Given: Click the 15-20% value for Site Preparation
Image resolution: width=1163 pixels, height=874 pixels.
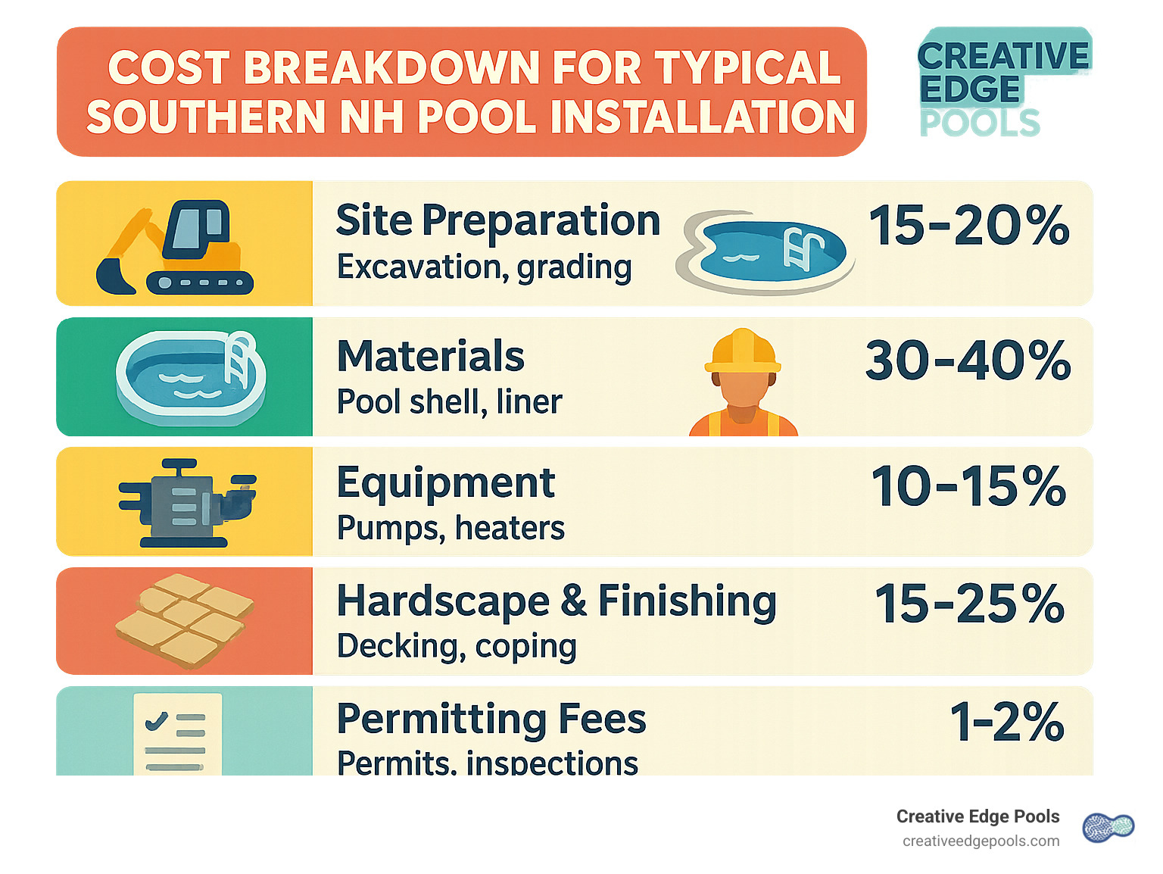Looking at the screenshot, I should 968,226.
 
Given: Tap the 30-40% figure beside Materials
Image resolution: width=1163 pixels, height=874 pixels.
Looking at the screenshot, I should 968,361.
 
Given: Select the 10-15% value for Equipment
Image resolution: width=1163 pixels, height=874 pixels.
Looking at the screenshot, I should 968,486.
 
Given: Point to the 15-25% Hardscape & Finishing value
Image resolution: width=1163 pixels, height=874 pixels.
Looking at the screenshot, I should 969,604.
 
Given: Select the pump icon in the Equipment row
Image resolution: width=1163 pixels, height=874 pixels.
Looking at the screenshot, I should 186,502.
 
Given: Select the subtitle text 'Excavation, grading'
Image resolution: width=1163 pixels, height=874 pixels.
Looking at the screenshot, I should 484,267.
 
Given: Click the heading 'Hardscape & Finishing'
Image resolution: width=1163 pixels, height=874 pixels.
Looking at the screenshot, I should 557,601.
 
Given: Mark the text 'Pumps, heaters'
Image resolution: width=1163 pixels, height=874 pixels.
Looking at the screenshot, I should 451,528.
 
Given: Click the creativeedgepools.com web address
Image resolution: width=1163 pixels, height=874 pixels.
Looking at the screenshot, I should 981,841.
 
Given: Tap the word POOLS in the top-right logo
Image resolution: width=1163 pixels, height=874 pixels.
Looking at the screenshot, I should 980,123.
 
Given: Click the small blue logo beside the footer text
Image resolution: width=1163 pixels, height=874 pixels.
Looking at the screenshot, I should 1108,828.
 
